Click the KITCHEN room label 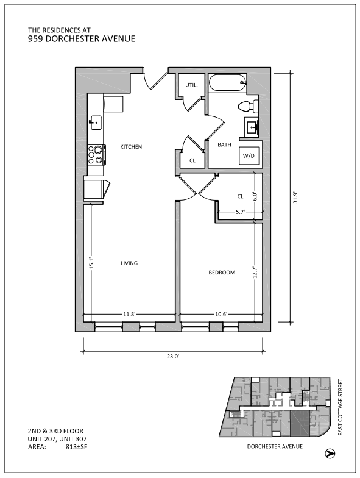[131, 147]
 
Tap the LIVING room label [129, 263]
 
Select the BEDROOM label [222, 273]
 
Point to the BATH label [224, 144]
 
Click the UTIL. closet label [191, 85]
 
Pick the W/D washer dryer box [249, 156]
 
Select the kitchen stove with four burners [96, 155]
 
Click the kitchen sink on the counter [96, 122]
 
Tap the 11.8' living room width [129, 315]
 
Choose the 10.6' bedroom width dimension [221, 315]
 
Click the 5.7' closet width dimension [241, 212]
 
